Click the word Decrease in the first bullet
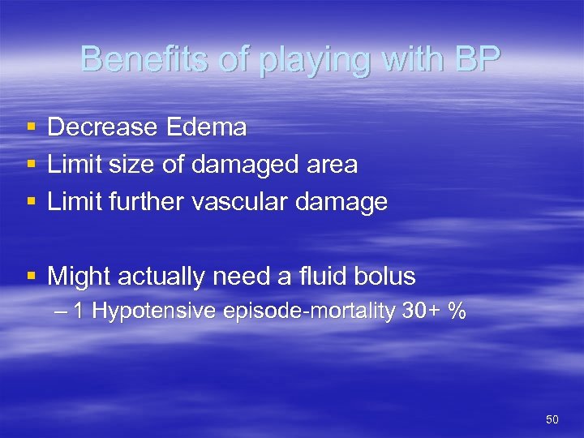tap(102, 127)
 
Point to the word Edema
tap(206, 127)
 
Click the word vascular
tap(241, 202)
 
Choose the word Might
tap(79, 277)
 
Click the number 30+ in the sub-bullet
tap(421, 311)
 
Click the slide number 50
tap(552, 419)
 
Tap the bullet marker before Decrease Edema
tap(31, 127)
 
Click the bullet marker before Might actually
tap(31, 277)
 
